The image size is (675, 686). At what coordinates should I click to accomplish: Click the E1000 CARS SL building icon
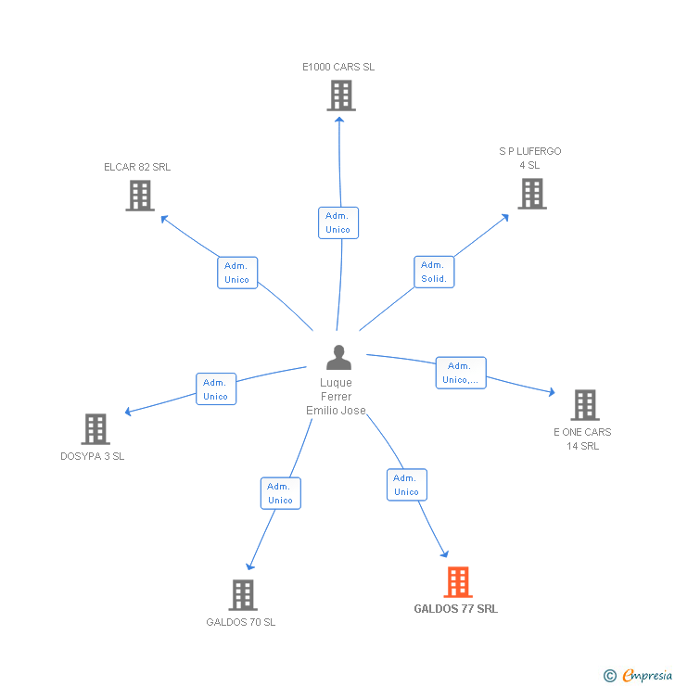[340, 95]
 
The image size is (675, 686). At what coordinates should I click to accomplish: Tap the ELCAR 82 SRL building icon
[140, 196]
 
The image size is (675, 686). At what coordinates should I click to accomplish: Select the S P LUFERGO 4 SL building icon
[531, 194]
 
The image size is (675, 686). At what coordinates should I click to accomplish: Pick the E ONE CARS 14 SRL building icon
[584, 405]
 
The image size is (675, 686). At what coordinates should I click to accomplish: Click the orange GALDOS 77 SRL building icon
[457, 582]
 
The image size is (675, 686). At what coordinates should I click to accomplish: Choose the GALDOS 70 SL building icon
[242, 595]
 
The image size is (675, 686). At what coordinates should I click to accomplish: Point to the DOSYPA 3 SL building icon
[96, 429]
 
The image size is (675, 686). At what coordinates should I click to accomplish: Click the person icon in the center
[338, 357]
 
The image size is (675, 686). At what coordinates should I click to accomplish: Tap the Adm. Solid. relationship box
[434, 272]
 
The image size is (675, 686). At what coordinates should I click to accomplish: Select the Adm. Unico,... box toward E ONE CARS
[461, 373]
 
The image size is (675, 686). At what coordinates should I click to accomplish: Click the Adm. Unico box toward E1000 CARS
[338, 222]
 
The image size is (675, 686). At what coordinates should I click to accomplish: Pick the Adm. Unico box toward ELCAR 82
[236, 273]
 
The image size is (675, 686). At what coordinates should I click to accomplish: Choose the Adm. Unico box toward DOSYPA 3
[215, 389]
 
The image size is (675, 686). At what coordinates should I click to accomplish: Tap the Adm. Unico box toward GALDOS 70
[280, 493]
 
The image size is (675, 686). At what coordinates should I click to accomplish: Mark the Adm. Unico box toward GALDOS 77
[406, 485]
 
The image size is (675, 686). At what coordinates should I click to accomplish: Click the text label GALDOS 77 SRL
[455, 609]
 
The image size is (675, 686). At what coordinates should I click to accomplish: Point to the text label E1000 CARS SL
[338, 67]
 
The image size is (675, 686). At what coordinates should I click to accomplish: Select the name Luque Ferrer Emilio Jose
[336, 397]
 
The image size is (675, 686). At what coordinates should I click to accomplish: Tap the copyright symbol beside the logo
[609, 677]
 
